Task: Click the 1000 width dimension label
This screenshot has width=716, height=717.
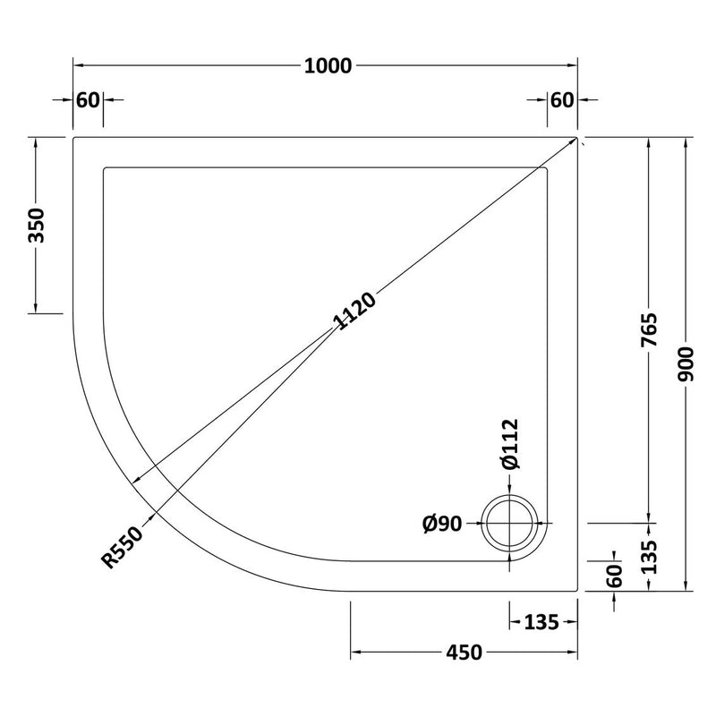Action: tap(328, 66)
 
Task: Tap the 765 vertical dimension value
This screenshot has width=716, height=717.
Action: tap(649, 329)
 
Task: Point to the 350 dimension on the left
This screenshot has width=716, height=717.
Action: tap(37, 226)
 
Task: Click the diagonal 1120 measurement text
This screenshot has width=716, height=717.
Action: tap(354, 311)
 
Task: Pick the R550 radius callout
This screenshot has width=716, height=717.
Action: tap(122, 547)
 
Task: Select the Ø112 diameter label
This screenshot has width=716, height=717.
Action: tap(510, 444)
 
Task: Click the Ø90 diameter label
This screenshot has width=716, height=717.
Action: tap(442, 524)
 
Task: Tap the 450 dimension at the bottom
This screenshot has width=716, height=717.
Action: tap(464, 653)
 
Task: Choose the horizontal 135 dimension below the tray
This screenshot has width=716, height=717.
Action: tap(541, 622)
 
